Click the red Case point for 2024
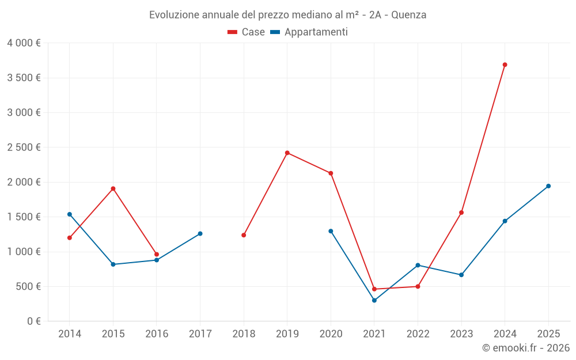pyautogui.click(x=505, y=65)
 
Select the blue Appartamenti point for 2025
pyautogui.click(x=548, y=186)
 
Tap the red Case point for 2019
pyautogui.click(x=287, y=153)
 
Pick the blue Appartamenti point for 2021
pyautogui.click(x=374, y=300)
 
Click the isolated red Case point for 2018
pyautogui.click(x=244, y=235)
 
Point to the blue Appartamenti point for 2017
pyautogui.click(x=200, y=233)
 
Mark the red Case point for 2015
pyautogui.click(x=113, y=188)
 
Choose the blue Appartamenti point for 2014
pyautogui.click(x=70, y=214)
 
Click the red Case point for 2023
pyautogui.click(x=461, y=213)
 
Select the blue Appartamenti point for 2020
pyautogui.click(x=331, y=231)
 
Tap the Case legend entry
pyautogui.click(x=247, y=32)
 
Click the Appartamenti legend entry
pyautogui.click(x=309, y=32)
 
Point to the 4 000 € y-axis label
pyautogui.click(x=24, y=43)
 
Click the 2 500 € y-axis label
pyautogui.click(x=24, y=147)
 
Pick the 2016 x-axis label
pyautogui.click(x=157, y=334)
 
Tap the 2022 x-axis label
pyautogui.click(x=418, y=334)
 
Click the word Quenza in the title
pyautogui.click(x=408, y=15)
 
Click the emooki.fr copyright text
pyautogui.click(x=525, y=348)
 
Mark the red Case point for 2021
pyautogui.click(x=374, y=289)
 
